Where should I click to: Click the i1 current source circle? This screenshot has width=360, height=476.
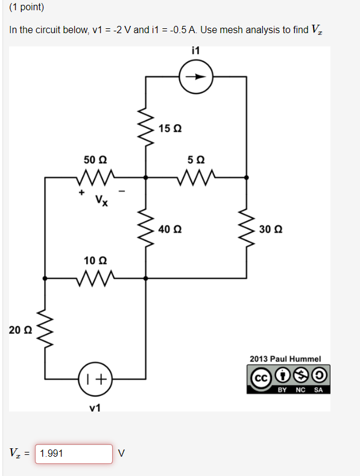click(x=195, y=77)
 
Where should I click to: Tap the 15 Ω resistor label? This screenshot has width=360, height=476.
click(x=170, y=129)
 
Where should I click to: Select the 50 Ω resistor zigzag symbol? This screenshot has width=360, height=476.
click(x=95, y=178)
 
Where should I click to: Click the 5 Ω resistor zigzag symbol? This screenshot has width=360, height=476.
click(x=195, y=178)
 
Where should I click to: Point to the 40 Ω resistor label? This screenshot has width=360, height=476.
click(x=170, y=229)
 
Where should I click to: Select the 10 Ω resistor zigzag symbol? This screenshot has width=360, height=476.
click(x=95, y=278)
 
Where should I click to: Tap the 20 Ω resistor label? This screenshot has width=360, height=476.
click(x=21, y=330)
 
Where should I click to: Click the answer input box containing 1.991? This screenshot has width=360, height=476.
click(x=74, y=454)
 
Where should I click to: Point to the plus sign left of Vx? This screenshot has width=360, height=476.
click(x=80, y=193)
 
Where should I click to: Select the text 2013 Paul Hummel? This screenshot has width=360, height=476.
click(x=285, y=359)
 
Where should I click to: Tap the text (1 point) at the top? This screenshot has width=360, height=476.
click(x=27, y=8)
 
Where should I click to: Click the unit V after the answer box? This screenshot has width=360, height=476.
click(x=122, y=454)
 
